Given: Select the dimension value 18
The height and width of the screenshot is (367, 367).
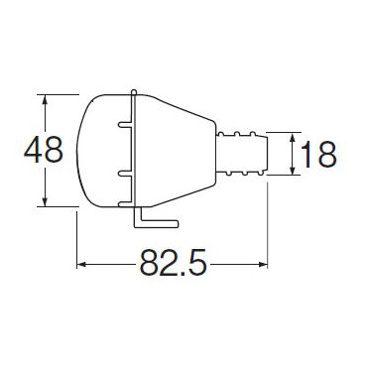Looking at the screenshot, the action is coord(318,154).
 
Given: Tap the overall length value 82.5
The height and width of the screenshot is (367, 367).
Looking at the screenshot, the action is coord(173,263).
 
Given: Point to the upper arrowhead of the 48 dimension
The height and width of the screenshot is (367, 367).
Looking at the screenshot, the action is coord(45,100).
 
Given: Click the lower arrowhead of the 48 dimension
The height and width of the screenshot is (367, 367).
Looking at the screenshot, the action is coord(45,201).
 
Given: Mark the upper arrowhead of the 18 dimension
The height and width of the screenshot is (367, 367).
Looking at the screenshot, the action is coord(293,138).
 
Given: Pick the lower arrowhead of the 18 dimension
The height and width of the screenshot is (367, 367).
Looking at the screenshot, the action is coord(293,170).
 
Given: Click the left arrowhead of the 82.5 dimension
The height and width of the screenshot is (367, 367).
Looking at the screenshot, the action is coord(82,265).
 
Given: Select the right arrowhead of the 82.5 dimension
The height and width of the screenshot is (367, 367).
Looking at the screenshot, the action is coord(262,265).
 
